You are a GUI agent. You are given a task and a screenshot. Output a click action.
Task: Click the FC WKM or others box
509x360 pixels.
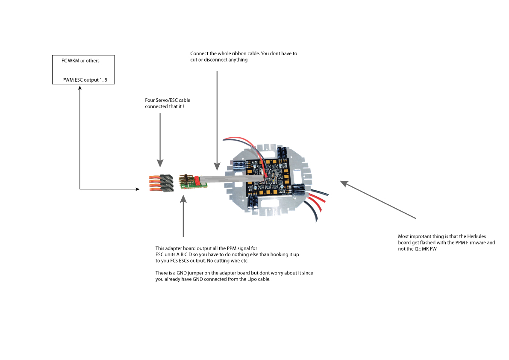coord(83,70)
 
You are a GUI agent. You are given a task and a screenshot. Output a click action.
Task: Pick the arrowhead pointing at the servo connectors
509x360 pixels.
coord(160,163)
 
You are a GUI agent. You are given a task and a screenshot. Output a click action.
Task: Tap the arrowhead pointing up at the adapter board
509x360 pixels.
coord(183,199)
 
